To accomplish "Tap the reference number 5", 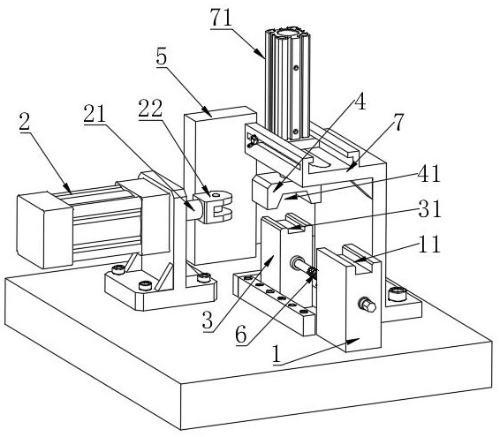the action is click(x=162, y=57).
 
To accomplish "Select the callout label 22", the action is click(x=150, y=109).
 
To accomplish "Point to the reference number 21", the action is click(x=95, y=114).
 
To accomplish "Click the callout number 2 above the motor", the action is click(x=25, y=122).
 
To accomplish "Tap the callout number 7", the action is click(x=398, y=122).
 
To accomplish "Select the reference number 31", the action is click(x=429, y=208).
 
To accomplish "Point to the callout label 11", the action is click(x=429, y=244).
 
